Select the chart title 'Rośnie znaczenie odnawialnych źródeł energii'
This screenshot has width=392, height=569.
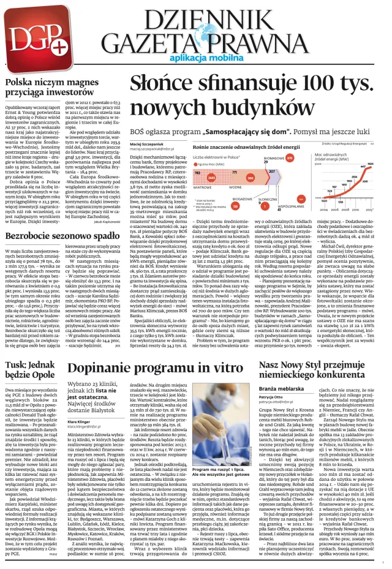[242, 148]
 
